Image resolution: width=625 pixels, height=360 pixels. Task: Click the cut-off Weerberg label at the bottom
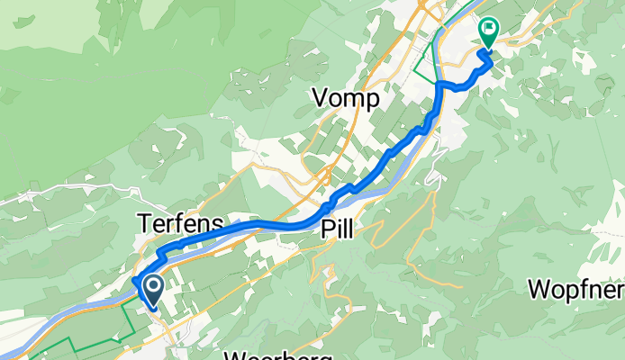click(x=278, y=355)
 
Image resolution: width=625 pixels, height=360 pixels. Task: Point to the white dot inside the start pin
click(x=153, y=287)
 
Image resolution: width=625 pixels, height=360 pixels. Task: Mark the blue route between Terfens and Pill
click(x=261, y=223)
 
